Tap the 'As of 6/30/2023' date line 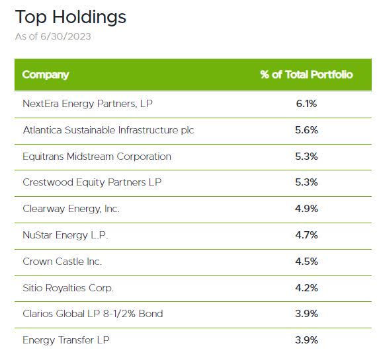[53, 36]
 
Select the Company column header [45, 74]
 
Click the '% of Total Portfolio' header [306, 74]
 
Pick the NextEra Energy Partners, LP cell [92, 104]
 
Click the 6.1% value [306, 104]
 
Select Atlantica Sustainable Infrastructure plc [108, 130]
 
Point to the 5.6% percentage [306, 130]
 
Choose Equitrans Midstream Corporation [97, 157]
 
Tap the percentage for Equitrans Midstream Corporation [306, 157]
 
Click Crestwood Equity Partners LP [92, 182]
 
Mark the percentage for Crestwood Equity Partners [306, 182]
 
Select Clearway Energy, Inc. [71, 209]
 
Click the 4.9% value [306, 209]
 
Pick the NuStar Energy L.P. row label [65, 235]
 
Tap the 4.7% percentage [306, 235]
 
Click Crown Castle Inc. [62, 262]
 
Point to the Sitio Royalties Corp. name [68, 288]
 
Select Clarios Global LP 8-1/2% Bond [93, 314]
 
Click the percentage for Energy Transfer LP [306, 340]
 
